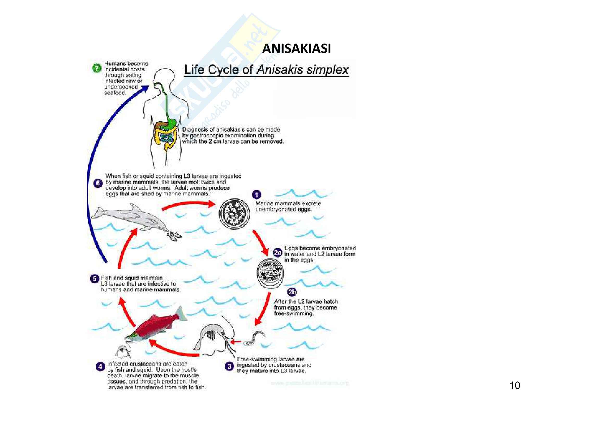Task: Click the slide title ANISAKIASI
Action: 297,48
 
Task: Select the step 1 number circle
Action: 256,195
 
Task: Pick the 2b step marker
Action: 292,292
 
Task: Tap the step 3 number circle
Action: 229,367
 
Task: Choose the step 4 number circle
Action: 100,367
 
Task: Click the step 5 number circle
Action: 94,279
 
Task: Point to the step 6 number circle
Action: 98,183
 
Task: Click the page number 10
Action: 515,385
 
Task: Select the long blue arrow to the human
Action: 96,170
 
